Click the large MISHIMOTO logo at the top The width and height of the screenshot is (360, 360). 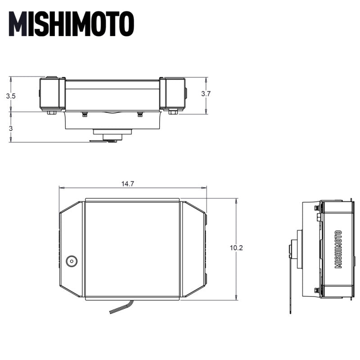[x=72, y=23]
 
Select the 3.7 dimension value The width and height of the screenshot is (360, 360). [x=206, y=94]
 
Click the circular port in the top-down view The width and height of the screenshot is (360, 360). [x=72, y=261]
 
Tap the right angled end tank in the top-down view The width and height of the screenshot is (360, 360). [x=193, y=250]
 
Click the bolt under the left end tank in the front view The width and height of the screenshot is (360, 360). [x=52, y=112]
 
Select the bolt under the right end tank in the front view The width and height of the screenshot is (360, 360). [x=173, y=112]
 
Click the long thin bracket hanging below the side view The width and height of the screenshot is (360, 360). [x=290, y=279]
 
